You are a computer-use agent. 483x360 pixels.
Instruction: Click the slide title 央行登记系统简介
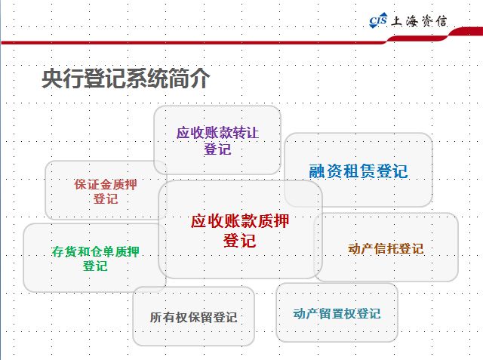126,78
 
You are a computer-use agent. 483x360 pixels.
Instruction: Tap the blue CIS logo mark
378,20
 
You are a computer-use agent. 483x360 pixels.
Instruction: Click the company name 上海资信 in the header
419,21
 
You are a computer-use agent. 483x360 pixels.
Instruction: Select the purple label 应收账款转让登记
217,141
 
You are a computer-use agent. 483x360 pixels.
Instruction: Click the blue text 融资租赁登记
358,171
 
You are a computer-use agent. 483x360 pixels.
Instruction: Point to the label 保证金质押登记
106,192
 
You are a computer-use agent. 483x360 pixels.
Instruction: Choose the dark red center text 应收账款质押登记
240,231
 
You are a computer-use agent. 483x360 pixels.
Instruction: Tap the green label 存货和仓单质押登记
95,259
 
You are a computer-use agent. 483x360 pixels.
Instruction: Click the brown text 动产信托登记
386,249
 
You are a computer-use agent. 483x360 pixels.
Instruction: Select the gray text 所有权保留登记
193,318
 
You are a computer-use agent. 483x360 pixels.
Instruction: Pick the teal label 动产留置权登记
337,314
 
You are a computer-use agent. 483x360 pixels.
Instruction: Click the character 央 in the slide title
52,78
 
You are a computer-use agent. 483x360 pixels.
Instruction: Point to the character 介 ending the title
199,78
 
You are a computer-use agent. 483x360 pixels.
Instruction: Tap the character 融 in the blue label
317,171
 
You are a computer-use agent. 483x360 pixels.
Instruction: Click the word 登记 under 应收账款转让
217,149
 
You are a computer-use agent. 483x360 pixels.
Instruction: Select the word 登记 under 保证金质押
106,198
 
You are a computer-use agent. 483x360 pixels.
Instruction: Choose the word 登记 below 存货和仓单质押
95,266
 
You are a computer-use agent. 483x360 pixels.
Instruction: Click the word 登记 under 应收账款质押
240,241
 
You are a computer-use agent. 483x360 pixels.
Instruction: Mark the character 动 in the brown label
354,249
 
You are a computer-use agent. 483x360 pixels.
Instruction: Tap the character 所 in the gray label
156,318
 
